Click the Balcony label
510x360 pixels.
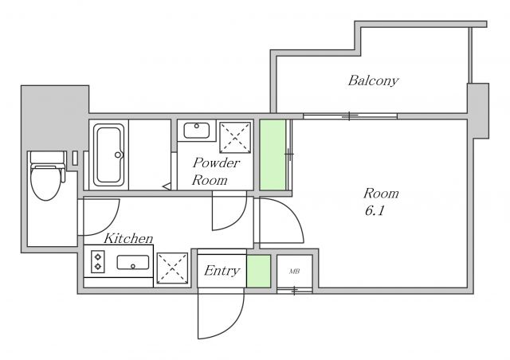[373, 80]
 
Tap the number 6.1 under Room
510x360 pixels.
[375, 211]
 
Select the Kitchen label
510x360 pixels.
[128, 238]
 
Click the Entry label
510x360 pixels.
[222, 271]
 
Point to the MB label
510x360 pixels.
[294, 272]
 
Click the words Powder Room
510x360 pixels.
[216, 171]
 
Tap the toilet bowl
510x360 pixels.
[46, 182]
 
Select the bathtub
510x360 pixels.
[109, 155]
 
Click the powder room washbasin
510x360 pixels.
[197, 131]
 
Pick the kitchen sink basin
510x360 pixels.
[133, 263]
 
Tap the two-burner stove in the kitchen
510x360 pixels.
[98, 261]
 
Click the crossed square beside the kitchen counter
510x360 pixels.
[172, 268]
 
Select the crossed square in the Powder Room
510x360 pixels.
[235, 138]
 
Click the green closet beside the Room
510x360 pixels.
[273, 155]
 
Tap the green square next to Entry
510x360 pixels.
[258, 272]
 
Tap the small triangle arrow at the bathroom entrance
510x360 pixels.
[167, 186]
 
